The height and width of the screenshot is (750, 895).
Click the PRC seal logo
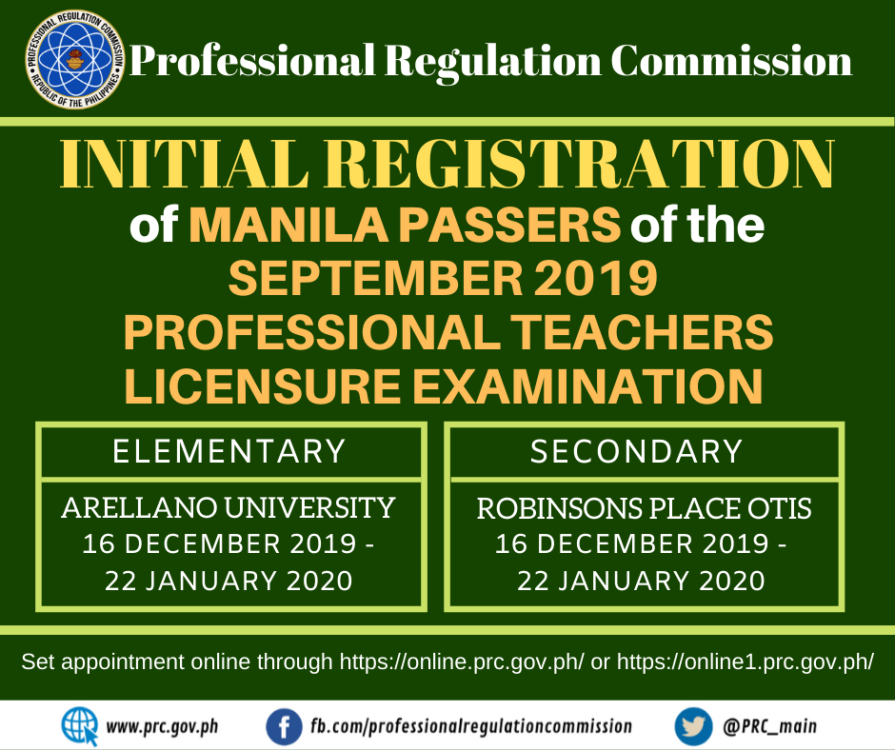75,59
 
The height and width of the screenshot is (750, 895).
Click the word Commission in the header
731,61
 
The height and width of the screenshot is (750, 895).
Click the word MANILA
288,225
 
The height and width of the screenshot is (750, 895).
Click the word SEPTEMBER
375,278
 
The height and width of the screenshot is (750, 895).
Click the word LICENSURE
263,385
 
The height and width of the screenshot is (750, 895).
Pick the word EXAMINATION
587,385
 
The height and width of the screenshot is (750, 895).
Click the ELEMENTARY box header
229,451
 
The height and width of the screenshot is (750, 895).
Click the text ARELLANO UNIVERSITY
229,508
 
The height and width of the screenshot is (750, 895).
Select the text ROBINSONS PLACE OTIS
644,508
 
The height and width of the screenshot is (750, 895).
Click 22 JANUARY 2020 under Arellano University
229,581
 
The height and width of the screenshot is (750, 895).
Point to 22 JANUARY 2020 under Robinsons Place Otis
641,581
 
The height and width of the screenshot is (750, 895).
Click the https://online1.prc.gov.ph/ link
746,662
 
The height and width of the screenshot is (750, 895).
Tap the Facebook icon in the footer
284,726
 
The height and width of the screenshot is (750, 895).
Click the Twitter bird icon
693,726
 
